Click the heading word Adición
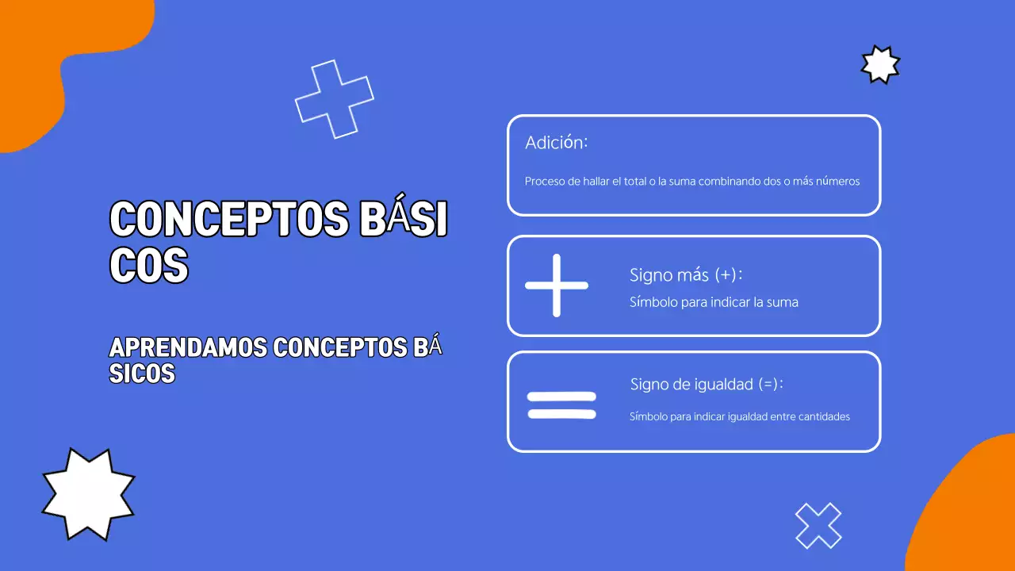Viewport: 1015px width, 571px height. pos(556,144)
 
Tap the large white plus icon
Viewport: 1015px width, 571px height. pos(557,285)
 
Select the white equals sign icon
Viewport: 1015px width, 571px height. pos(561,404)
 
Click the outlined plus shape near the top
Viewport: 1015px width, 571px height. pos(335,99)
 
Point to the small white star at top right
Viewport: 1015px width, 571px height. pos(880,64)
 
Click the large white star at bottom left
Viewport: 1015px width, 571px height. pos(87,493)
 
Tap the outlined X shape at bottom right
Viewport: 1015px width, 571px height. pos(818,526)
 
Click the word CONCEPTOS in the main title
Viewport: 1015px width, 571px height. pos(228,220)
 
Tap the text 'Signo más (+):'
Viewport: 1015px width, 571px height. pos(686,275)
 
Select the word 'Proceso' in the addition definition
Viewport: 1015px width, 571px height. pos(545,181)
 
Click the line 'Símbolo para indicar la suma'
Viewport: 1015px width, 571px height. pos(714,302)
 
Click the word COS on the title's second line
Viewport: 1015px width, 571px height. pos(148,266)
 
